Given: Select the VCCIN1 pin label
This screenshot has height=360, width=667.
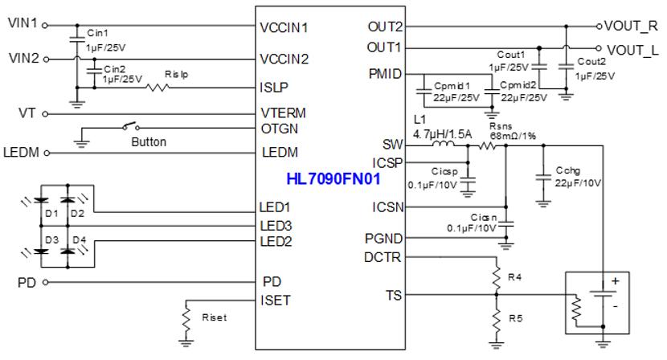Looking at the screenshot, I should point(284,27).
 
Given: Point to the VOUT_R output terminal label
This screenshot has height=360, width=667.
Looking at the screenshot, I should point(635,27).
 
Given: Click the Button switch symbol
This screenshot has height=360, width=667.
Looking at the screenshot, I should point(129,128).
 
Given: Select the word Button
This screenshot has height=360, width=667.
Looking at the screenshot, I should point(149,142).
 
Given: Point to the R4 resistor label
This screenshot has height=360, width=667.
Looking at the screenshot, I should point(514,278).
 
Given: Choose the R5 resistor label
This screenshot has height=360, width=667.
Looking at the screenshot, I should point(514,319).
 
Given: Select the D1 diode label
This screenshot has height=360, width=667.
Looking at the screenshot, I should point(49,213).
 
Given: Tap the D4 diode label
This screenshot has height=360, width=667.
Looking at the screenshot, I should point(78,239).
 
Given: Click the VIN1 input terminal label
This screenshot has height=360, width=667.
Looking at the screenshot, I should point(22,25).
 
